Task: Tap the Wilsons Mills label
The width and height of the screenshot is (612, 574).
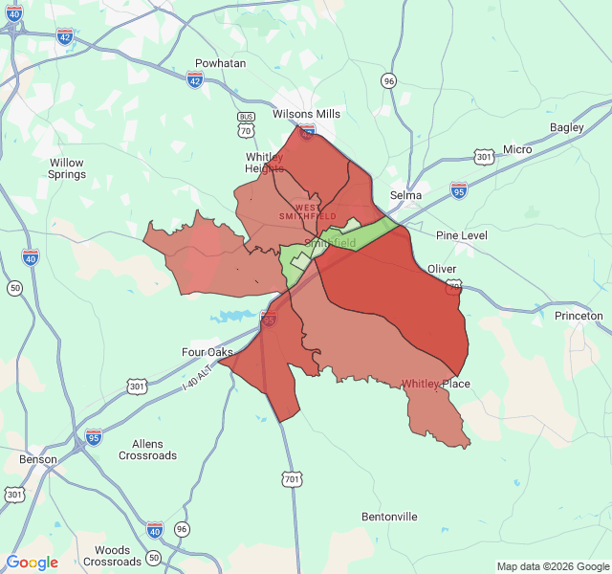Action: [x=306, y=114]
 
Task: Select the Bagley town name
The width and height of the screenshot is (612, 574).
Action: [x=566, y=127]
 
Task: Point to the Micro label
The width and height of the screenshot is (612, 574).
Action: [x=517, y=149]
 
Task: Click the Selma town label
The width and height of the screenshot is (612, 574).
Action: [x=406, y=195]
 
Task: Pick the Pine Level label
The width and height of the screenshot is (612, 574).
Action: [x=461, y=235]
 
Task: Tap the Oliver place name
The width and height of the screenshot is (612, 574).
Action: [x=442, y=269]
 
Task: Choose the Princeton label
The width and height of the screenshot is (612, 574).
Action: [x=579, y=316]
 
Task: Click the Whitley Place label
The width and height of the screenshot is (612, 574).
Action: [x=435, y=384]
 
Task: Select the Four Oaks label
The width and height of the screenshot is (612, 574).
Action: [x=208, y=352]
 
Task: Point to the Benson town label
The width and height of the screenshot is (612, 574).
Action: [x=38, y=459]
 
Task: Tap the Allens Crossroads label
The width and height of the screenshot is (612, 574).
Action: [x=147, y=450]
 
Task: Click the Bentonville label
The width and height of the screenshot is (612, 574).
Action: [x=389, y=517]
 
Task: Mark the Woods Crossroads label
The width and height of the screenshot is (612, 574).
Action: [x=113, y=556]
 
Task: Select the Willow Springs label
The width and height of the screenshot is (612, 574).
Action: [x=67, y=168]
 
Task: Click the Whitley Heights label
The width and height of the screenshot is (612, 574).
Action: [x=264, y=163]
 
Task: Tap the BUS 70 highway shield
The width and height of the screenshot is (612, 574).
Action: [x=247, y=121]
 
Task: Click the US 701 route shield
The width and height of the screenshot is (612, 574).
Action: [x=290, y=477]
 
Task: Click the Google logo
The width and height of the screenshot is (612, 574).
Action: [x=33, y=563]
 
